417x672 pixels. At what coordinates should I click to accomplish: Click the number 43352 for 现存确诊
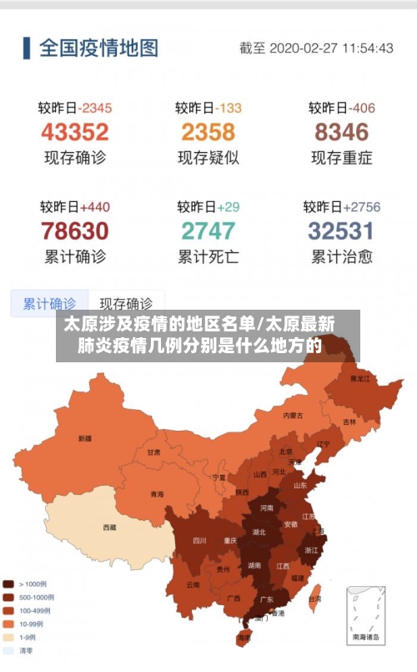pos(75,132)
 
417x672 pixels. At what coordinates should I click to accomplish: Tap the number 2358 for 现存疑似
pos(208,132)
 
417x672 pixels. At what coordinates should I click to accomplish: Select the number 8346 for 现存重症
pos(342,132)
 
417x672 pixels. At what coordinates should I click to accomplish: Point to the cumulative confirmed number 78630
pos(75,230)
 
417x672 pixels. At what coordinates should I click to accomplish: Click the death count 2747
pos(208,230)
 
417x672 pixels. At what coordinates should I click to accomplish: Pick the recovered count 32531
pos(342,230)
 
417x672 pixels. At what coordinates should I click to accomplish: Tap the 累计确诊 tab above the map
pos(48,304)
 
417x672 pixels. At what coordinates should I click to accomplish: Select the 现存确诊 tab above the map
pos(126,304)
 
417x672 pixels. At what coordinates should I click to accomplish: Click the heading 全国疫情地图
pos(98,48)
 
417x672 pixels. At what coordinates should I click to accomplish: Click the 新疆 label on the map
pos(85,437)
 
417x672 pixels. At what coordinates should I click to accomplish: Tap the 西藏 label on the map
pos(110,527)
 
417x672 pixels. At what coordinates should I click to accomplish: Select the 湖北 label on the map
pos(259,531)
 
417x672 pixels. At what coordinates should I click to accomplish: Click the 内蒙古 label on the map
pos(293,415)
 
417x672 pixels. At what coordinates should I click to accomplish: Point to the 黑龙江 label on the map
pos(360,378)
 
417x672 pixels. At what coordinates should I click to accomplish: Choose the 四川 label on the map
pos(199,539)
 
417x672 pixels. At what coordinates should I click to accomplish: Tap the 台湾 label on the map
pos(315,599)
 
